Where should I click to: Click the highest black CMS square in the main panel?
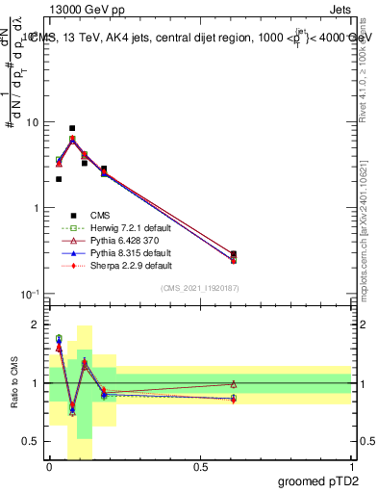pyautogui.click(x=72, y=128)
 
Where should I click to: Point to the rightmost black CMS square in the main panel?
pyautogui.click(x=234, y=254)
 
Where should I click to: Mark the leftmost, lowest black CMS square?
pyautogui.click(x=59, y=179)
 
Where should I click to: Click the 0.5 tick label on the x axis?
pyautogui.click(x=200, y=466)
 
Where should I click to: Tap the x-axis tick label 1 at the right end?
pyautogui.click(x=351, y=466)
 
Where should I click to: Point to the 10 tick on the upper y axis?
pyautogui.click(x=32, y=123)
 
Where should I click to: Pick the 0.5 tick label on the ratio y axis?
pyautogui.click(x=33, y=441)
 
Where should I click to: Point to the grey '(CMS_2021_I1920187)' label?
pyautogui.click(x=200, y=289)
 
